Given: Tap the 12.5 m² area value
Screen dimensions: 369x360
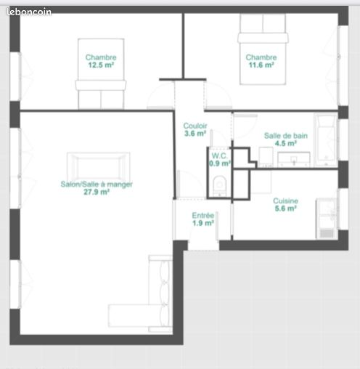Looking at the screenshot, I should pyautogui.click(x=101, y=65).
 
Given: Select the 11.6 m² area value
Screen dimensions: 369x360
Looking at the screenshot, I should pyautogui.click(x=261, y=65).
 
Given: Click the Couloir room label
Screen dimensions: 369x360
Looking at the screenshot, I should pyautogui.click(x=195, y=125).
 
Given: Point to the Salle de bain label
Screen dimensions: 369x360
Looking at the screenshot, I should pyautogui.click(x=285, y=135).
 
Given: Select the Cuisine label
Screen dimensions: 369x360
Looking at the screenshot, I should pyautogui.click(x=285, y=200).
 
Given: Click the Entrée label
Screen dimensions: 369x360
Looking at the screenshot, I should pyautogui.click(x=202, y=215).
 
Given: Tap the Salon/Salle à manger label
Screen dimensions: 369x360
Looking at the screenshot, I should pyautogui.click(x=97, y=184).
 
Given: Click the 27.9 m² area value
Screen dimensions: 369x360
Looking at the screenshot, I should pyautogui.click(x=97, y=192).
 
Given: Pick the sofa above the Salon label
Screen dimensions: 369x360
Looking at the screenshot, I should pyautogui.click(x=99, y=166).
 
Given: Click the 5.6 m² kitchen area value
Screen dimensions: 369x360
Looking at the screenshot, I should pyautogui.click(x=285, y=208).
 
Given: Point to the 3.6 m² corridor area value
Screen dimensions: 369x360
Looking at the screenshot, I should pyautogui.click(x=195, y=133).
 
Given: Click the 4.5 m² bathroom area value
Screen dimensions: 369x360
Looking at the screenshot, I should pyautogui.click(x=285, y=143).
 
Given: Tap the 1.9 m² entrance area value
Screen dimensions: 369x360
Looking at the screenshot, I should pyautogui.click(x=202, y=223).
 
